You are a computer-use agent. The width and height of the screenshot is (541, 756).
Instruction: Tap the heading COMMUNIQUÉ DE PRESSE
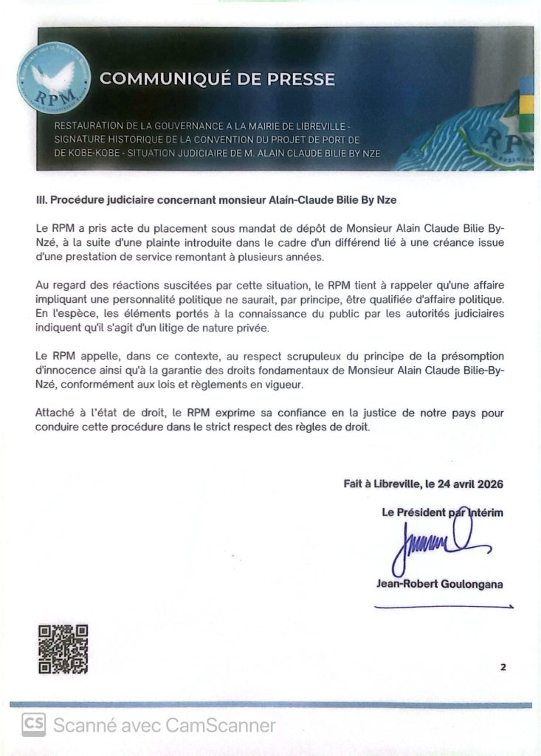217,78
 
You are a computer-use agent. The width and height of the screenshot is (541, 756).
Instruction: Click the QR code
63,649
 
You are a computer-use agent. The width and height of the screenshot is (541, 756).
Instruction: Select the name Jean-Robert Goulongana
440,584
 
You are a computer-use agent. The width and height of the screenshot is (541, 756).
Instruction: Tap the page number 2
503,667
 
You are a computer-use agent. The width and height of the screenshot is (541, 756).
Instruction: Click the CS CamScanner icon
33,725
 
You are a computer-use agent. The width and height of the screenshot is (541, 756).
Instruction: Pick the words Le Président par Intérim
442,512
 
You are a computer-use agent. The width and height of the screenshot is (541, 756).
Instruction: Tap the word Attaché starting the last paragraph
56,413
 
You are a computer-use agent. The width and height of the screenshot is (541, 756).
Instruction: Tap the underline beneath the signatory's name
444,607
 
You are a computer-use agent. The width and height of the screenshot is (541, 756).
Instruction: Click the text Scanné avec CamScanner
164,725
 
